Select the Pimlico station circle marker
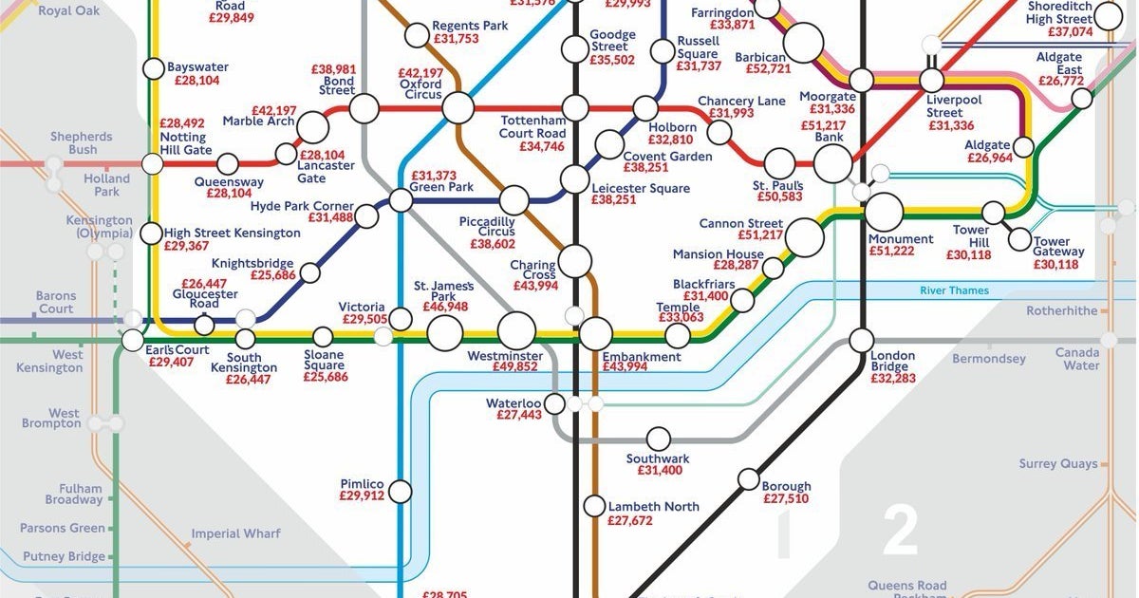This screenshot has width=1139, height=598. click(401, 492)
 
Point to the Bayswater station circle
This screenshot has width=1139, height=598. click(153, 68)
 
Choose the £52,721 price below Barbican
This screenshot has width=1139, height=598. click(768, 69)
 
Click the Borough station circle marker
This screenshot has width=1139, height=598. click(749, 479)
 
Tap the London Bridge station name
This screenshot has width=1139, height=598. click(893, 362)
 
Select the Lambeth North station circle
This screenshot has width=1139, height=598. click(594, 507)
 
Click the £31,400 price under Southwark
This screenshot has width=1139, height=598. click(660, 471)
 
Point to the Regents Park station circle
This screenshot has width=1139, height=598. click(416, 36)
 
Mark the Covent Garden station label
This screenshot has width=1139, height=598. click(667, 156)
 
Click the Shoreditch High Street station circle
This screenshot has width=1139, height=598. click(1107, 15)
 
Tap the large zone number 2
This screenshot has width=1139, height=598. click(899, 533)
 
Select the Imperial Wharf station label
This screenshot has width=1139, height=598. click(235, 534)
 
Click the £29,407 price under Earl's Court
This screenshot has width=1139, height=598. click(177, 363)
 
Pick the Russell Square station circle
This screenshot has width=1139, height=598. click(663, 50)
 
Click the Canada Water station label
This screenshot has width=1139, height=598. click(1077, 359)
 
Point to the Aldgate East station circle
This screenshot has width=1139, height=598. click(1081, 99)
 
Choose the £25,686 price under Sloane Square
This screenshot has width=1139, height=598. click(326, 377)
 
